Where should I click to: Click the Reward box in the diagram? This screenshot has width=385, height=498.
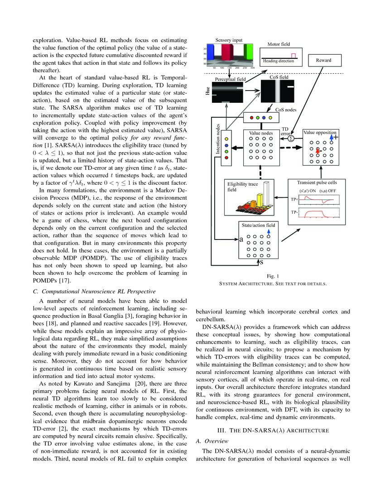pos(324,60)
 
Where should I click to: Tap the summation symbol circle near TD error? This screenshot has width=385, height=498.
pos(291,138)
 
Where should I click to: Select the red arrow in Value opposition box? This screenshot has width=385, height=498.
pos(318,149)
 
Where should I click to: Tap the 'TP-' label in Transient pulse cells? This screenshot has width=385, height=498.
pos(294,211)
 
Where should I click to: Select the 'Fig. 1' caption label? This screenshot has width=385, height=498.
pos(272,276)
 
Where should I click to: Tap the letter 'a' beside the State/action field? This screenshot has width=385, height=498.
pos(241,239)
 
